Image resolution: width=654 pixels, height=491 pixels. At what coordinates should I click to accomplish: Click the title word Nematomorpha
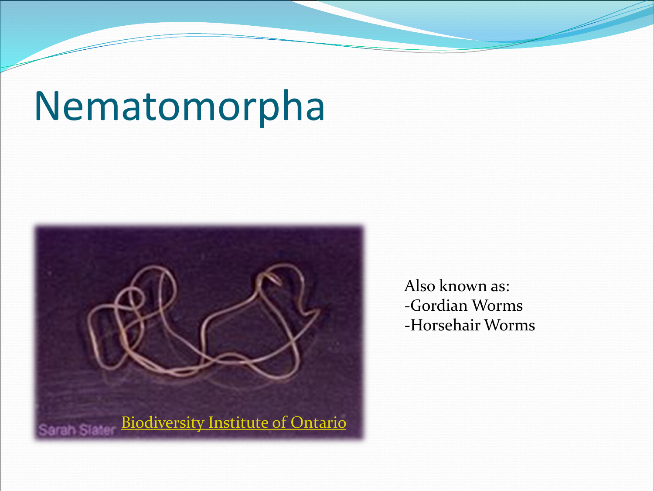pyautogui.click(x=179, y=108)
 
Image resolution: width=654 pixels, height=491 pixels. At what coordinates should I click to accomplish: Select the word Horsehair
pyautogui.click(x=446, y=325)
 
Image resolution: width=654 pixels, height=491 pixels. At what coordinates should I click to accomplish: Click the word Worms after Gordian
pyautogui.click(x=497, y=306)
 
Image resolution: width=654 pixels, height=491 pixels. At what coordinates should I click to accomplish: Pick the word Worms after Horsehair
pyautogui.click(x=510, y=325)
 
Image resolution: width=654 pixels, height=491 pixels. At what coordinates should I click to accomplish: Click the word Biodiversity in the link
pyautogui.click(x=163, y=422)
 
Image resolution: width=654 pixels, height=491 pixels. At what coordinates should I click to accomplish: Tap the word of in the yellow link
pyautogui.click(x=279, y=422)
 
